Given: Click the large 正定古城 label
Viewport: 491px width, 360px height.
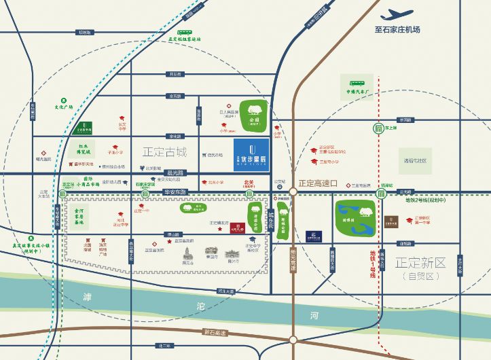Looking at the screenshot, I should click(164, 150).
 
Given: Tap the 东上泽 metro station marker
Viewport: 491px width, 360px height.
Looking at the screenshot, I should click(378, 129).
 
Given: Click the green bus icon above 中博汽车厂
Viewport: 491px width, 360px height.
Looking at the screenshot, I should click(357, 79).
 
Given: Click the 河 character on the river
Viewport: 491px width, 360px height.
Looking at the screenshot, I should click(313, 316).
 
